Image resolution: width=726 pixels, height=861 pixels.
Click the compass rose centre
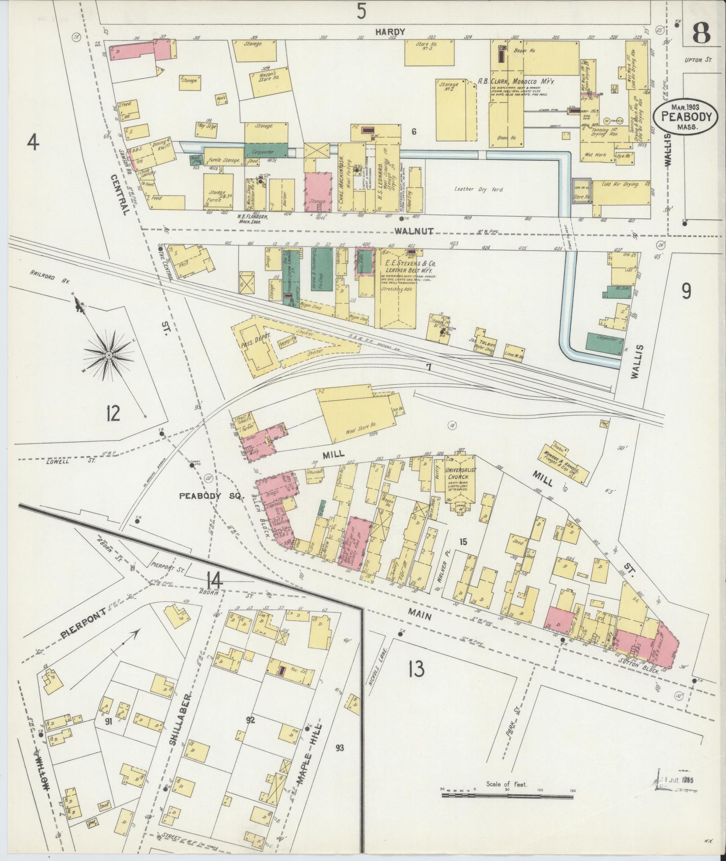point(108,355)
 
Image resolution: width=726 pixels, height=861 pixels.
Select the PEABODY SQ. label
point(211,496)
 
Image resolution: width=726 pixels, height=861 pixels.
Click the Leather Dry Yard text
point(478,189)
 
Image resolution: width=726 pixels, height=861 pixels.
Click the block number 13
point(416,670)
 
